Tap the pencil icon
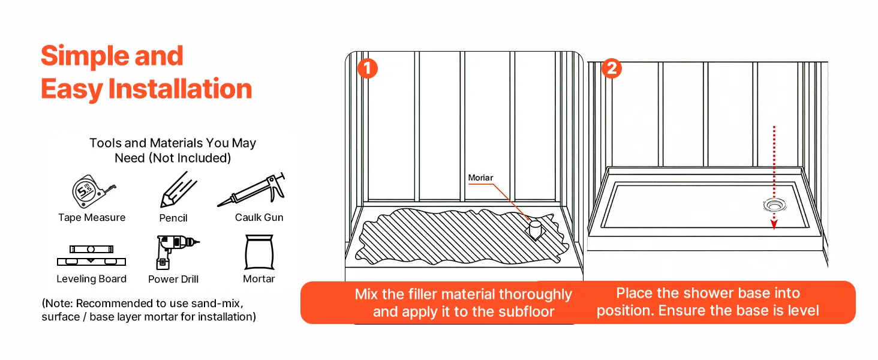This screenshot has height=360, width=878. point(178,190)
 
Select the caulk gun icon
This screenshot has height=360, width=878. point(252,191)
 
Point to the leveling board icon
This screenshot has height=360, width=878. point(91,255)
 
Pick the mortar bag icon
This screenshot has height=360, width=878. point(259,252)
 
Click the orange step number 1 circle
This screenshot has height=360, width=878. point(367,68)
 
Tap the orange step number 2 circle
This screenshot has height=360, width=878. point(611,68)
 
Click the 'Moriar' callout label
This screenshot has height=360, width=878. point(481,178)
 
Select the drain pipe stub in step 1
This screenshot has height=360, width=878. point(535,229)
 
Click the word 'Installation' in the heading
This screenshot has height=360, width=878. point(180,89)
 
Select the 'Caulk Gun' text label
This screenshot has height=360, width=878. point(259,217)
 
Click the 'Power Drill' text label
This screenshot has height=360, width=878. point(173,279)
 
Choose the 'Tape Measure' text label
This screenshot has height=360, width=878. point(92,217)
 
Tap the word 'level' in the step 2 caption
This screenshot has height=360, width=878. point(803,310)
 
